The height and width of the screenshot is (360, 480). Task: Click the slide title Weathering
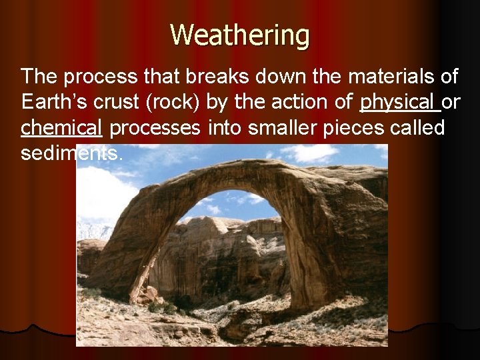pos(239,35)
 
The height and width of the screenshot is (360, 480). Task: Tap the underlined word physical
pos(397,103)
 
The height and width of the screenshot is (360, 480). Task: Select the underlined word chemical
pos(61,127)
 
